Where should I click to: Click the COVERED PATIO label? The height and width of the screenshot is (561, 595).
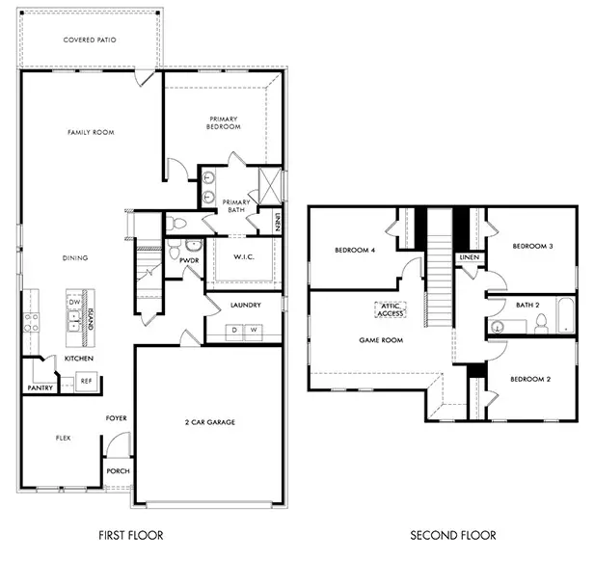tap(91, 40)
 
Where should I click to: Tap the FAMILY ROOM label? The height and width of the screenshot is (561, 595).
tap(91, 132)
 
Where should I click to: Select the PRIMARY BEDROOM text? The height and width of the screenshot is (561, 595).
tap(224, 122)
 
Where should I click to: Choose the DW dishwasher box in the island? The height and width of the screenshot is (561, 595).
tap(74, 303)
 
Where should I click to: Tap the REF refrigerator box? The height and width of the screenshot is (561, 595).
tap(86, 381)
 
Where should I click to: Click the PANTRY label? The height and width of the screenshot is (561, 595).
tap(40, 387)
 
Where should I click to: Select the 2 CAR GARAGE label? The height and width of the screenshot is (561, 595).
tap(211, 422)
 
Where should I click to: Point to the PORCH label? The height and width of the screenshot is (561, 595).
tap(118, 471)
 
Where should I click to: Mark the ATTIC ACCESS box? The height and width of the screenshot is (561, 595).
tap(390, 309)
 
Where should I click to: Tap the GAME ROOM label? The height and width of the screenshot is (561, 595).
tap(381, 340)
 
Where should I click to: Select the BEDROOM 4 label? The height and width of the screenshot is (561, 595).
tap(355, 250)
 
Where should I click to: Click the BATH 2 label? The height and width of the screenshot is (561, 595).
tap(527, 305)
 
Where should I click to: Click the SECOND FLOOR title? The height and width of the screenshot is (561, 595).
tap(453, 535)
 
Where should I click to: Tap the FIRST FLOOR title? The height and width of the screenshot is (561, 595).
tap(131, 535)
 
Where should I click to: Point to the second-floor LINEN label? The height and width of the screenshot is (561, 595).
tap(469, 257)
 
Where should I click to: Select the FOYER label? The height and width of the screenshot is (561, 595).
tap(118, 418)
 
